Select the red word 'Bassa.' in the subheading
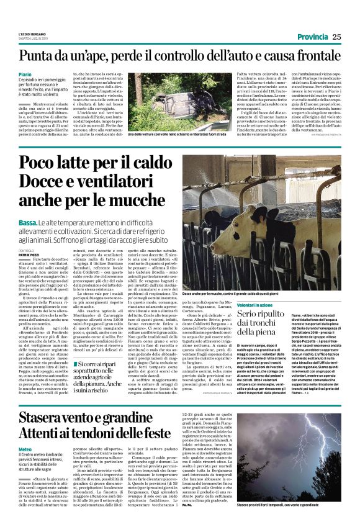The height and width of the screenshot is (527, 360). pyautogui.click(x=27, y=222)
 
